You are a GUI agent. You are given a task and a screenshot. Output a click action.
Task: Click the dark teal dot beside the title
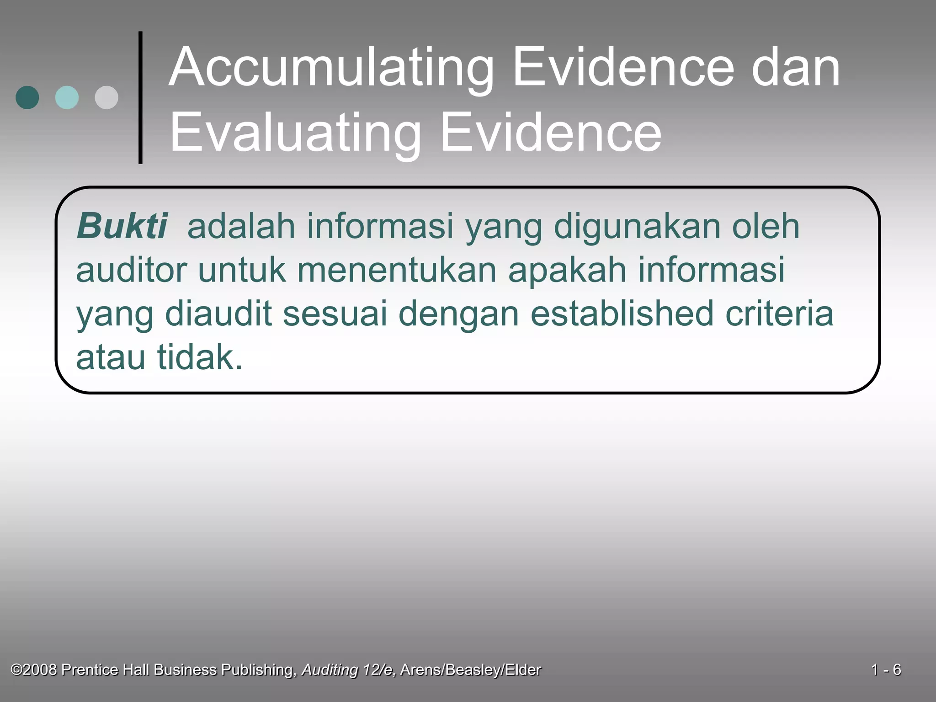pos(27,97)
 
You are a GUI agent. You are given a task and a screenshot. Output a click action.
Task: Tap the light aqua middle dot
pos(67,97)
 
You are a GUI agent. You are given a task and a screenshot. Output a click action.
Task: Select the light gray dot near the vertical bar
pos(106,97)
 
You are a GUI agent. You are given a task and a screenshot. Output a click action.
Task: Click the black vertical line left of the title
pos(140,97)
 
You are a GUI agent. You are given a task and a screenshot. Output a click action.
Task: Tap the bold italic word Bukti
pos(122,226)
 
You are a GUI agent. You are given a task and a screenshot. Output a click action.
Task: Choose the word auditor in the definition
pos(131,270)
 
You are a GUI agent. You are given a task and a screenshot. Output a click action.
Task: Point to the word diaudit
pos(218,314)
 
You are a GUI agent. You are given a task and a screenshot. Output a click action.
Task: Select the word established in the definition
pos(622,314)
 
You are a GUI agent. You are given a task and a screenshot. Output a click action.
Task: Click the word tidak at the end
pos(200,357)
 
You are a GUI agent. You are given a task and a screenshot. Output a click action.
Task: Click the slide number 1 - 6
pos(886,670)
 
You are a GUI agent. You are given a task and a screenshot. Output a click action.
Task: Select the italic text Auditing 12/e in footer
pos(348,670)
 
